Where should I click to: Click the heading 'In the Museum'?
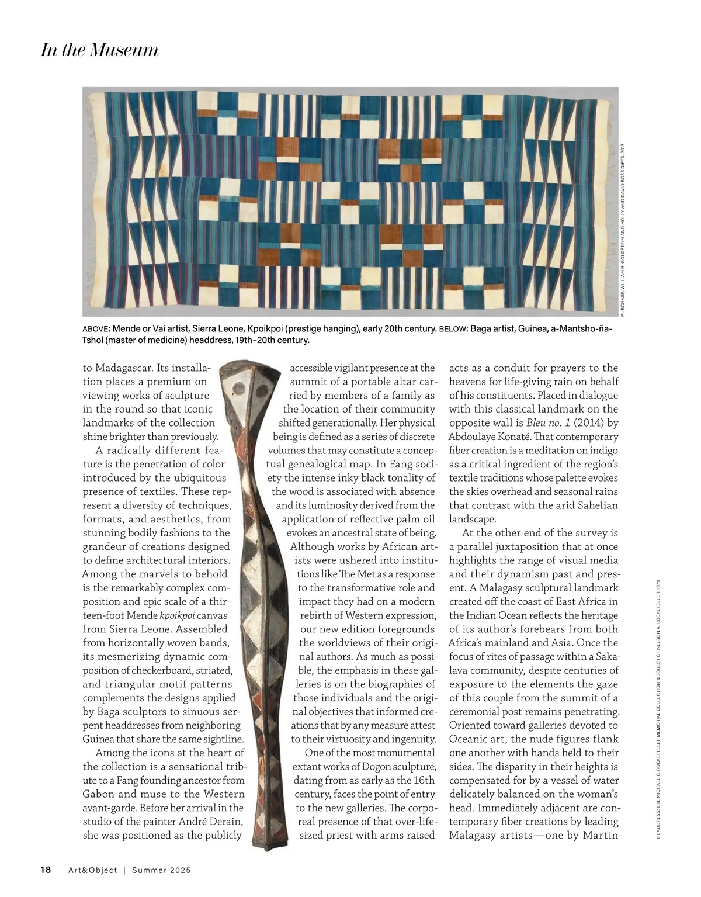tap(99, 50)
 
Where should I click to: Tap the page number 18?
tap(46, 870)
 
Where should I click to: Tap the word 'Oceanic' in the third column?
tap(469, 739)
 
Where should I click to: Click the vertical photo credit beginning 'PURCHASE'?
tap(623, 230)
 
